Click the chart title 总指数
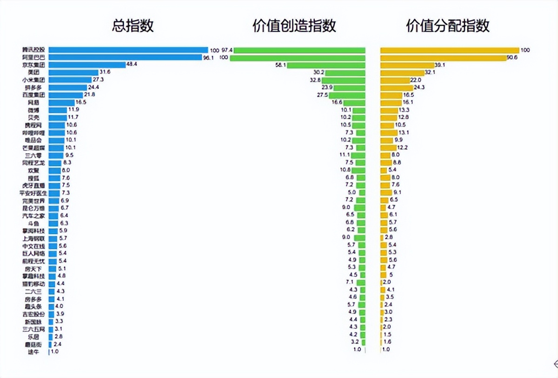point(133,26)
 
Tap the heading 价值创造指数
point(294,26)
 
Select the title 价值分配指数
point(448,26)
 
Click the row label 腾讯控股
point(34,50)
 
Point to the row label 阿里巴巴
point(34,57)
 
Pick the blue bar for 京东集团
point(87,65)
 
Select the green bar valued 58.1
point(326,65)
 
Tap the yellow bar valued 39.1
point(407,65)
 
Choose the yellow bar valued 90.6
point(443,58)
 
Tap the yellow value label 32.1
point(430,73)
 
